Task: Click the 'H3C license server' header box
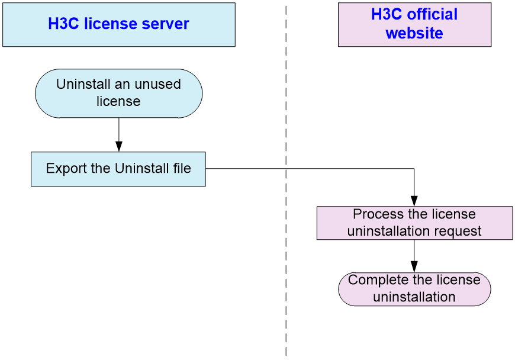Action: click(x=119, y=25)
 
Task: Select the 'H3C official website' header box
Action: click(x=414, y=25)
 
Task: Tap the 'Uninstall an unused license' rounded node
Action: click(x=118, y=94)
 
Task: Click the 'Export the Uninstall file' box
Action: click(x=118, y=169)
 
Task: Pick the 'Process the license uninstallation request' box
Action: click(x=414, y=223)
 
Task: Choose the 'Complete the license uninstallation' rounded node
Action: click(x=414, y=289)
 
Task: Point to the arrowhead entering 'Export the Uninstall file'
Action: click(x=119, y=146)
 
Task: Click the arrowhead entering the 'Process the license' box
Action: click(x=414, y=201)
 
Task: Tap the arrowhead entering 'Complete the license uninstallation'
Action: click(x=414, y=266)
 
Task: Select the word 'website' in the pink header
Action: click(x=414, y=33)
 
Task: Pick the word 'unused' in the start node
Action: click(x=157, y=84)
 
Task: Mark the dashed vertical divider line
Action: click(x=286, y=181)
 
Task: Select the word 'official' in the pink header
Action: click(x=432, y=14)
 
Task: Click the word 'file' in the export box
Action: click(x=182, y=168)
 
